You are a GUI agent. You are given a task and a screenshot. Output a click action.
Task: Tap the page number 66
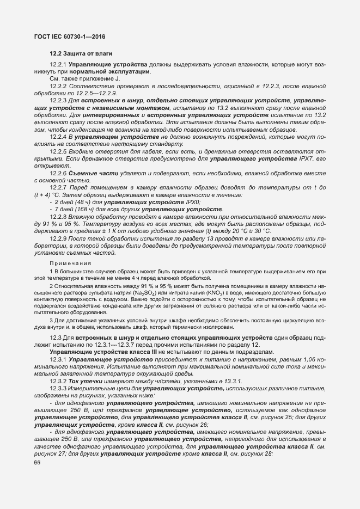pos(38,463)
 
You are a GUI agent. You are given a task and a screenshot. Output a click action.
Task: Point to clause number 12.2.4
pos(58,137)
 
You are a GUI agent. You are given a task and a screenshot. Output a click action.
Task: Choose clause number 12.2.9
pos(58,238)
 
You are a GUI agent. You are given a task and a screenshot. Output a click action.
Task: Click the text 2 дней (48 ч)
pos(72,202)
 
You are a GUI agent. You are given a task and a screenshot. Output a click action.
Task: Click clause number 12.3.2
pos(58,382)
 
